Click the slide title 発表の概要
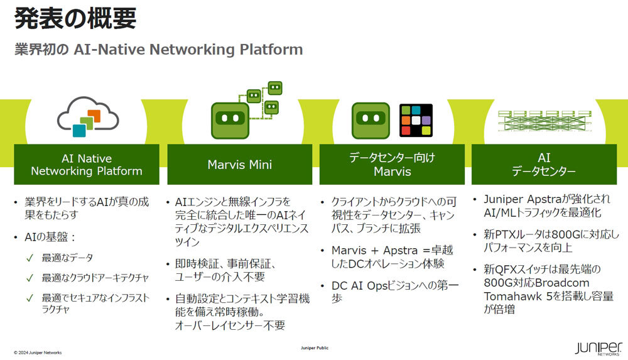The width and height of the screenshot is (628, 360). (75, 18)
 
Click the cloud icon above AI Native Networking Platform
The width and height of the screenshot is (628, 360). (88, 117)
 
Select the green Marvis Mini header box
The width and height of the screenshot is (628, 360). (240, 165)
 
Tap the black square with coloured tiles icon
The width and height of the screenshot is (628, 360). (416, 119)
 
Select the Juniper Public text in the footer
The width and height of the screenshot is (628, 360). (315, 347)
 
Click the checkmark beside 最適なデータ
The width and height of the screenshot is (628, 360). (30, 258)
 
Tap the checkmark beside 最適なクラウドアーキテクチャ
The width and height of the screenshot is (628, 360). (30, 278)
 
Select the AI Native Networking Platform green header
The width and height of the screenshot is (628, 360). (87, 165)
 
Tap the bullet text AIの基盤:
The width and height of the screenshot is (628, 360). (50, 237)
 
